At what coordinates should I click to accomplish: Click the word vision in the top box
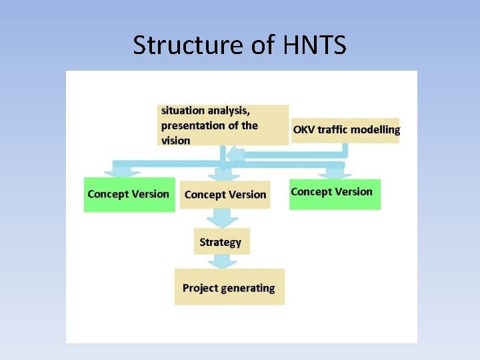tap(175, 141)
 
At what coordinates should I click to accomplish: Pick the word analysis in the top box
tap(230, 111)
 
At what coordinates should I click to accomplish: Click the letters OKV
tap(303, 130)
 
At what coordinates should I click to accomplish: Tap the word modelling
tap(375, 130)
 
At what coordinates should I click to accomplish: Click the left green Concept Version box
tap(129, 194)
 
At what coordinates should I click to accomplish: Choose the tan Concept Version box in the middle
tap(225, 195)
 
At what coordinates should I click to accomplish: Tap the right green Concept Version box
tap(334, 193)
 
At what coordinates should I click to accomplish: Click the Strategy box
tap(221, 242)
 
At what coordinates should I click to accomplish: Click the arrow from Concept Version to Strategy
tap(222, 218)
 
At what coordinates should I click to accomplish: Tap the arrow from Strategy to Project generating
tap(222, 261)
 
